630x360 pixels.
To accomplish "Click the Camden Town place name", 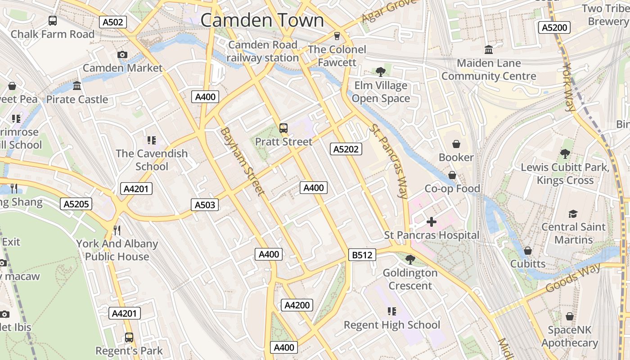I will coord(262,20).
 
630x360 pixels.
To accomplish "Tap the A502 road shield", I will coord(113,22).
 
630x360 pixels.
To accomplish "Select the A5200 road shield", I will coord(554,27).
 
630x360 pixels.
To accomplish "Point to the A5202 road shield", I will coord(346,149).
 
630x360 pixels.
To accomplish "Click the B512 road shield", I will coord(362,255).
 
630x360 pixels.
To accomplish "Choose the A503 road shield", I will coord(205,205).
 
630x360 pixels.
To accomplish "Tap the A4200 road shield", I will coord(297,305).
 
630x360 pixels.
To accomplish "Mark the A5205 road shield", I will coord(76,204).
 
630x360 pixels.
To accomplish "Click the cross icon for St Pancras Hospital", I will coord(431,222).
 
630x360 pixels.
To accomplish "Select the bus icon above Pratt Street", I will coord(283,128).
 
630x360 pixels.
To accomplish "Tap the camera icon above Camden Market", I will coord(122,54).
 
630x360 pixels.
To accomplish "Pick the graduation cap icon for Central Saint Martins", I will coord(573,214).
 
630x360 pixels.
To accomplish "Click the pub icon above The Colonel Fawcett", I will coord(337,36).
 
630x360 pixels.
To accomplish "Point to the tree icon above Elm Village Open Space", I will coord(380,72).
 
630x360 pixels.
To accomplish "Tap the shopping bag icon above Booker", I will coord(456,144).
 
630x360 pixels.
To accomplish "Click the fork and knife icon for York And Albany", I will coord(117,230).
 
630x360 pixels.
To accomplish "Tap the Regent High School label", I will coord(391,325).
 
